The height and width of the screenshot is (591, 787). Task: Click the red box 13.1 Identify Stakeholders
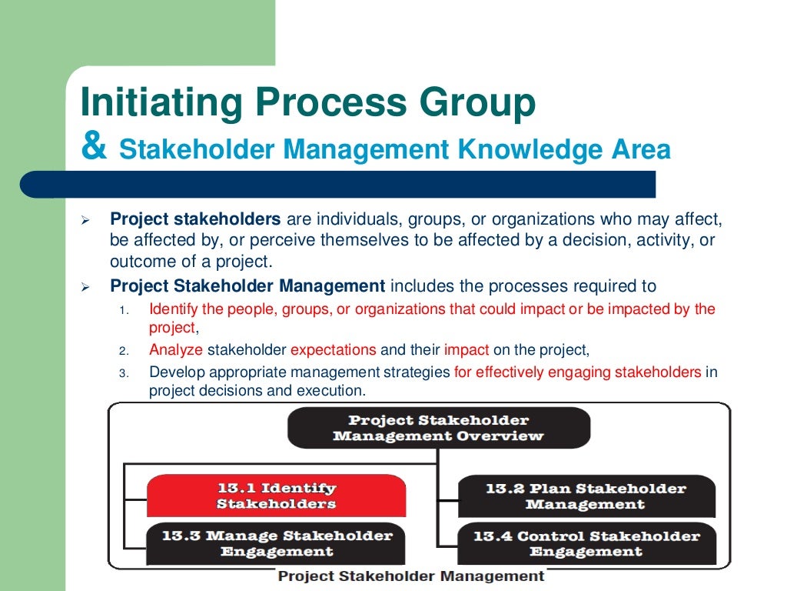coord(276,496)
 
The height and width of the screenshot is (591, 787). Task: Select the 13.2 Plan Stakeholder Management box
coord(586,496)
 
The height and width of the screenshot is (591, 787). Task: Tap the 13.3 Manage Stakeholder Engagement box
coord(276,543)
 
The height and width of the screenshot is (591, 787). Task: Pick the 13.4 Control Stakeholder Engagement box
coord(586,543)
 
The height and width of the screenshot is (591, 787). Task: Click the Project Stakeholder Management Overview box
coord(438,428)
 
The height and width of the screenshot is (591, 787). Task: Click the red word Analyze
coord(176,350)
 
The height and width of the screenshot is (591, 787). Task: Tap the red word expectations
coord(333,350)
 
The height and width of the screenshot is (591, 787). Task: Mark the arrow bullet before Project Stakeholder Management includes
coord(86,288)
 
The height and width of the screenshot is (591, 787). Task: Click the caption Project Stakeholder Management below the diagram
coord(410,576)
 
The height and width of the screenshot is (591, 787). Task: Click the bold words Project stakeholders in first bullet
coord(196,220)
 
